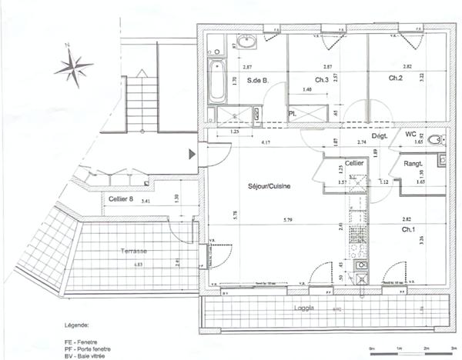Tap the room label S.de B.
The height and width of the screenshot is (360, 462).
coord(256,80)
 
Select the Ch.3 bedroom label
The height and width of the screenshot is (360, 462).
coord(322,79)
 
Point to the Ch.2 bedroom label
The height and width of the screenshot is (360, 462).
coord(396,78)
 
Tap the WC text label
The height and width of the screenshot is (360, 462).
coord(410,134)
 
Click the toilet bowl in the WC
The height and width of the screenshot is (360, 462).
coord(435,140)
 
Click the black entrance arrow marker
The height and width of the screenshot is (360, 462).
coord(193,155)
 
